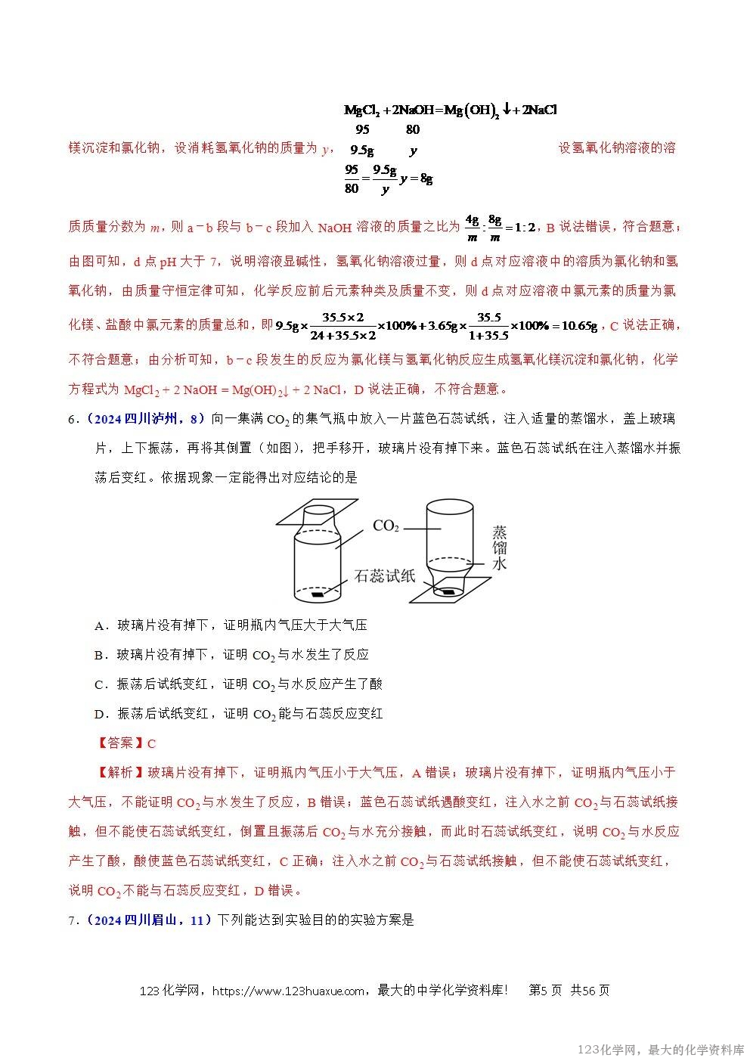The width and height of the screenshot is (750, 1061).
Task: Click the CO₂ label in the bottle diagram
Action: click(386, 526)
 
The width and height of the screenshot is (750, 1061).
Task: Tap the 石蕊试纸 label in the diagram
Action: click(385, 576)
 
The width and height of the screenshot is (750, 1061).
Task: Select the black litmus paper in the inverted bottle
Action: click(449, 591)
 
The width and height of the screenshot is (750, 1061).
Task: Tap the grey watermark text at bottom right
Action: click(659, 1050)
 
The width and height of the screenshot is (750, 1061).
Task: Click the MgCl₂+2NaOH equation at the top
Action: click(451, 110)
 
